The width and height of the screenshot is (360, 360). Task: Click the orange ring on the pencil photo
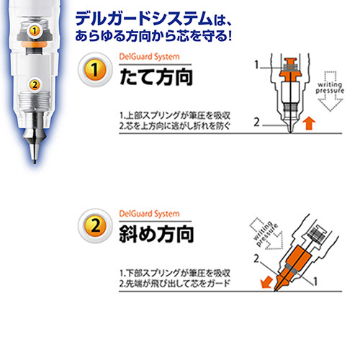[34, 44]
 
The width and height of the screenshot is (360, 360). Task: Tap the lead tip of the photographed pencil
[35, 161]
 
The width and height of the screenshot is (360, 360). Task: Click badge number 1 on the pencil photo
[35, 30]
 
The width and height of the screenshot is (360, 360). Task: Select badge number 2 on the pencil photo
[35, 85]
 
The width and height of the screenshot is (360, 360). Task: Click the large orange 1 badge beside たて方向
[95, 70]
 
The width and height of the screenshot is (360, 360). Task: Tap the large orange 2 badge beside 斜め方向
[95, 225]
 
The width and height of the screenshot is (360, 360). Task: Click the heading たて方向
[156, 77]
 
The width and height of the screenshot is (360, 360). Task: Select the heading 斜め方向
[156, 234]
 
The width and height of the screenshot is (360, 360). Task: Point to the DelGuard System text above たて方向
[149, 57]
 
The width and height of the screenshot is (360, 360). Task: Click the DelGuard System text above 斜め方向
[149, 214]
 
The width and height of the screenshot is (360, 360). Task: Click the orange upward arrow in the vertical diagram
[309, 123]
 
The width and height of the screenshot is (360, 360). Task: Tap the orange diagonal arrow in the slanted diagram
[266, 282]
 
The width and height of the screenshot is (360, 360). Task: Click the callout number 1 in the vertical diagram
[256, 65]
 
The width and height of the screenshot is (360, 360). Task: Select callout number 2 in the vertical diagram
[256, 122]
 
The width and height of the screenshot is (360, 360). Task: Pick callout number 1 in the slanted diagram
[315, 282]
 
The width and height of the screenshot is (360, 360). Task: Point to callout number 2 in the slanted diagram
[256, 258]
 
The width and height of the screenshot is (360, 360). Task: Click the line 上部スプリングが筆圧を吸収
[178, 116]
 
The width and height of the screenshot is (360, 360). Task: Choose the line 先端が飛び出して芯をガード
[178, 284]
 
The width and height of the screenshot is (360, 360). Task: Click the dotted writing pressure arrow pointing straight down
[330, 91]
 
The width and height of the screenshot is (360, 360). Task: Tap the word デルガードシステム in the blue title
[144, 19]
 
